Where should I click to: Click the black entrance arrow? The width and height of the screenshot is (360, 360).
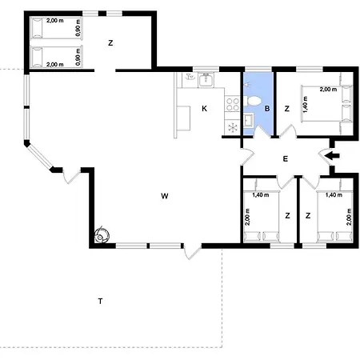[x=333, y=156]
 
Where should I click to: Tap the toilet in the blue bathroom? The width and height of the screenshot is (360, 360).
[x=252, y=101]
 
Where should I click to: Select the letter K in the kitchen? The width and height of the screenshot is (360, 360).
[x=204, y=109]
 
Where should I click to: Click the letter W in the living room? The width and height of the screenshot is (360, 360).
[x=165, y=196]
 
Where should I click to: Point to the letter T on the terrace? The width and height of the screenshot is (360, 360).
[x=100, y=301]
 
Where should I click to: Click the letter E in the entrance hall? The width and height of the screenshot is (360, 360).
[x=286, y=159]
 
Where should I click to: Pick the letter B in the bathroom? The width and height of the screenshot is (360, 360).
[x=267, y=109]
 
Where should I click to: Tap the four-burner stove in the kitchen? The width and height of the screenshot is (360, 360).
[x=233, y=104]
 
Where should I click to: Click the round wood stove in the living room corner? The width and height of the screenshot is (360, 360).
[x=102, y=235]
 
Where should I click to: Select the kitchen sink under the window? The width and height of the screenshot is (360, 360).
[x=206, y=80]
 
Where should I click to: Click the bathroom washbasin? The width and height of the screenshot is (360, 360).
[x=249, y=120]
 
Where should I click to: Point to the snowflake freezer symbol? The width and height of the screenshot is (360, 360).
[x=233, y=127]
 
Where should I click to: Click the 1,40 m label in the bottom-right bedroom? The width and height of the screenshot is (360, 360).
[x=334, y=195]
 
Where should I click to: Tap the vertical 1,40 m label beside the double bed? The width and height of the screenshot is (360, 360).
[x=306, y=104]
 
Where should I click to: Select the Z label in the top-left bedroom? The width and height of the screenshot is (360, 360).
[x=110, y=42]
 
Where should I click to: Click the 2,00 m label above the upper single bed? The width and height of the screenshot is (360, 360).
[x=55, y=21]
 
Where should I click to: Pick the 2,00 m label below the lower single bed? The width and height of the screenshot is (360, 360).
[x=55, y=65]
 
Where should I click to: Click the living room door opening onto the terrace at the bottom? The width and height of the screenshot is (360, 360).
[x=192, y=251]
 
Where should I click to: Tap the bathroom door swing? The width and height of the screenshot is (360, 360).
[x=262, y=132]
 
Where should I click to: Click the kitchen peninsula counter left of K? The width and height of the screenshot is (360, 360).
[x=182, y=118]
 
